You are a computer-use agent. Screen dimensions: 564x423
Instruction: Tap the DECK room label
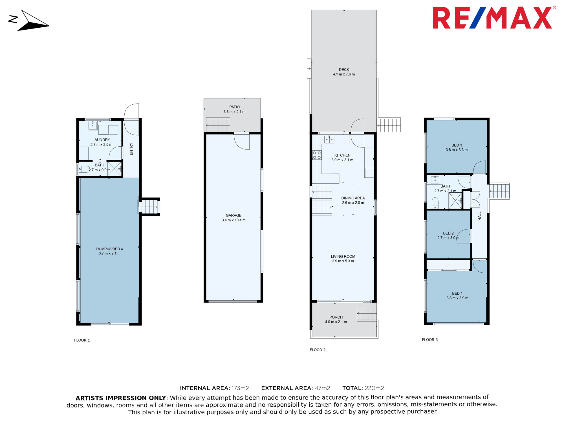[344, 70]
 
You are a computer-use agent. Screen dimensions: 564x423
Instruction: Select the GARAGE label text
[233, 215]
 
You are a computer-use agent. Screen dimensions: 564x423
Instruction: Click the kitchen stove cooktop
[317, 155]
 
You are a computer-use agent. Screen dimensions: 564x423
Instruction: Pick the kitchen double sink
[329, 139]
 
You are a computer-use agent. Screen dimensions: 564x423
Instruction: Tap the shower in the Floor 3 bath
[455, 201]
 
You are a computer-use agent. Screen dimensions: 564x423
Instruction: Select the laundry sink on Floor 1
[92, 125]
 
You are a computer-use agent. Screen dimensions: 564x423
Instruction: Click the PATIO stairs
[218, 125]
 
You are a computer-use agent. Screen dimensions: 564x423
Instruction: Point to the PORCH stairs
[367, 313]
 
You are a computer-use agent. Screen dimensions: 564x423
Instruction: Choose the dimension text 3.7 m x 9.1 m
[109, 253]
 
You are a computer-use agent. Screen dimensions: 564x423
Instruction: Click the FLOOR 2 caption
[318, 350]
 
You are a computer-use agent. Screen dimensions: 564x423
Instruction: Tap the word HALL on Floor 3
[479, 216]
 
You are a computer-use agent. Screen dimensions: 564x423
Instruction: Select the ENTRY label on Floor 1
[131, 149]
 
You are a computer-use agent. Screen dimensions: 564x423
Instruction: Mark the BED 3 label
[457, 145]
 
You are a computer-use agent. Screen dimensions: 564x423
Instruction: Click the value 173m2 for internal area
[240, 388]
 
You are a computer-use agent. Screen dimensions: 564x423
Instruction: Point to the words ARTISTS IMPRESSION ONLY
[121, 398]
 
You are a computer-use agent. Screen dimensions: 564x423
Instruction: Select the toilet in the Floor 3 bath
[435, 203]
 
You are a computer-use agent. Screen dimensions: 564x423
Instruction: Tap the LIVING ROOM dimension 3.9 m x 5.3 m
[343, 261]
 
